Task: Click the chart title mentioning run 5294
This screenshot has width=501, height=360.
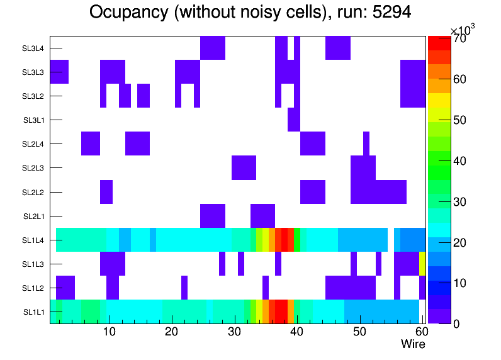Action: point(250,12)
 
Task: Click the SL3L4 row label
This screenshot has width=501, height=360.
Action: point(33,48)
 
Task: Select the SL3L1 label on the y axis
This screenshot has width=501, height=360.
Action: point(33,120)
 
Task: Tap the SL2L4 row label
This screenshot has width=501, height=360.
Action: point(33,144)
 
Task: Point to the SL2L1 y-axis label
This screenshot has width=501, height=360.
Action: point(33,216)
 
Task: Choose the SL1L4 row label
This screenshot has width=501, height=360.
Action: point(33,240)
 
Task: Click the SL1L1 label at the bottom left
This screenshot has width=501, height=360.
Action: point(33,312)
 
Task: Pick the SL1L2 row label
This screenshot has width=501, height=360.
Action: point(33,288)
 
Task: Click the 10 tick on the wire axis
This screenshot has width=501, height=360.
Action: point(110,332)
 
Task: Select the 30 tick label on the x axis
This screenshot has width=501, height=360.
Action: point(234,332)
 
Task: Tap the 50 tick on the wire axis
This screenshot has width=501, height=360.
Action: point(359,332)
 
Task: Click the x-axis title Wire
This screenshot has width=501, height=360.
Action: point(413,344)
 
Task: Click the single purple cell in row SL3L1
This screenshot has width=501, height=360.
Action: point(293,120)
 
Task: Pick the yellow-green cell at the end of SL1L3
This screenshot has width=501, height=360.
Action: point(422,264)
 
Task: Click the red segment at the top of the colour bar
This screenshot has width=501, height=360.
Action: point(439,42)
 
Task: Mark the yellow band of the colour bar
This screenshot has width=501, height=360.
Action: point(439,99)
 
